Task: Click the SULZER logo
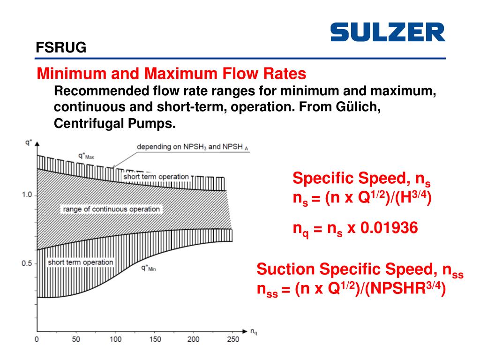[388, 32]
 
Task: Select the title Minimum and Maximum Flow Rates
[172, 74]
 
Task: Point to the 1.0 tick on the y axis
[27, 195]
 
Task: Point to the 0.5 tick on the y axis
[27, 263]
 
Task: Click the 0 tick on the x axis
[37, 339]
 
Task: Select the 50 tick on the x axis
[75, 339]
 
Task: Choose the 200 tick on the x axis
[193, 339]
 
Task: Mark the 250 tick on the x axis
[232, 339]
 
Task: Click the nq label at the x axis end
[254, 332]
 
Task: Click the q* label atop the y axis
[28, 141]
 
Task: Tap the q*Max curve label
[86, 155]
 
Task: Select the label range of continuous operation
[111, 209]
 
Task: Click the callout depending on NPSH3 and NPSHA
[192, 147]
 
